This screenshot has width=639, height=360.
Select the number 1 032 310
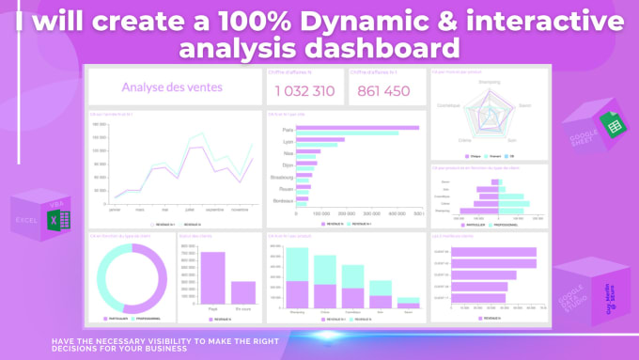(304, 91)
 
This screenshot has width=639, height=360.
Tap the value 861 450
(383, 91)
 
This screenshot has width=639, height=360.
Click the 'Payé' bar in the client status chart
(212, 278)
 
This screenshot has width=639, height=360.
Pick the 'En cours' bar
(243, 292)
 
